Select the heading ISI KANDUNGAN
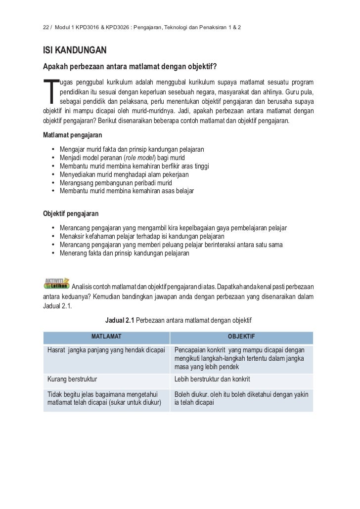pos(75,51)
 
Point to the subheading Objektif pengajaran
pos(71,214)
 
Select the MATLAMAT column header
pos(106,337)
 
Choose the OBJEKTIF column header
pos(241,337)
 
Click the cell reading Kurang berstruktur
pos(72,380)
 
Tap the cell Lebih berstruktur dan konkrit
pos(212,380)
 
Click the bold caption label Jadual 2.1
pos(120,321)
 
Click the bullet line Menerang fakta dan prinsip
pos(124,253)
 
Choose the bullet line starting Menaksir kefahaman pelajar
pos(141,236)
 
